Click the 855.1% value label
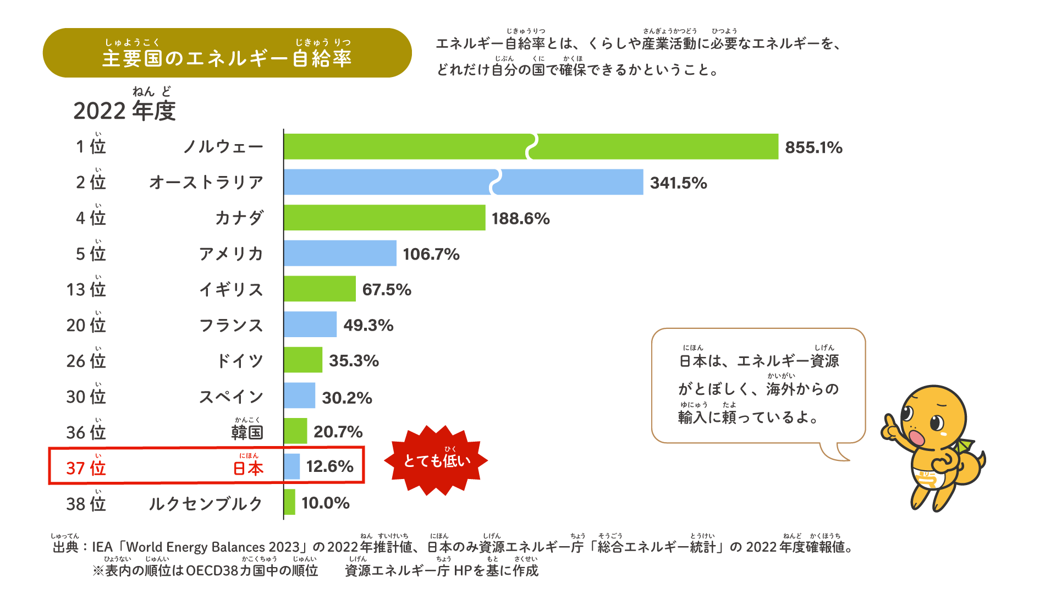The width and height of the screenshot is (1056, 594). click(x=813, y=147)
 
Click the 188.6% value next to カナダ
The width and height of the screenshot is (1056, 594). click(x=520, y=219)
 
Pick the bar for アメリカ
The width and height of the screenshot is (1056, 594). click(x=340, y=253)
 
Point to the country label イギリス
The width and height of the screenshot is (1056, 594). click(x=231, y=289)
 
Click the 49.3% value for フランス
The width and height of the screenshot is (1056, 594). click(x=369, y=325)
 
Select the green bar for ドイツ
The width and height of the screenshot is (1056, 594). click(x=303, y=360)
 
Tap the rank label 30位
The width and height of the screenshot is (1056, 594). click(x=86, y=396)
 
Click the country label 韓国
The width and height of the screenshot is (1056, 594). click(x=247, y=432)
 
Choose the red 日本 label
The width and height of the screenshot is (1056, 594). click(x=248, y=468)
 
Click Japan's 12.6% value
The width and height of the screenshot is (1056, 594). click(x=329, y=466)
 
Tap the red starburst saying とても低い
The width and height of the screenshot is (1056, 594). click(x=437, y=460)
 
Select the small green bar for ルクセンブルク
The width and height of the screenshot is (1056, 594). click(x=290, y=502)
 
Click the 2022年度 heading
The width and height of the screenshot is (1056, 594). click(x=124, y=111)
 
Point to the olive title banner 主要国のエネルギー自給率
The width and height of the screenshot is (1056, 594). click(x=227, y=53)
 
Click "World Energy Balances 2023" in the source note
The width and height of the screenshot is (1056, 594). click(x=212, y=547)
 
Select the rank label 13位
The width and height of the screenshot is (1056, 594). click(x=86, y=289)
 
